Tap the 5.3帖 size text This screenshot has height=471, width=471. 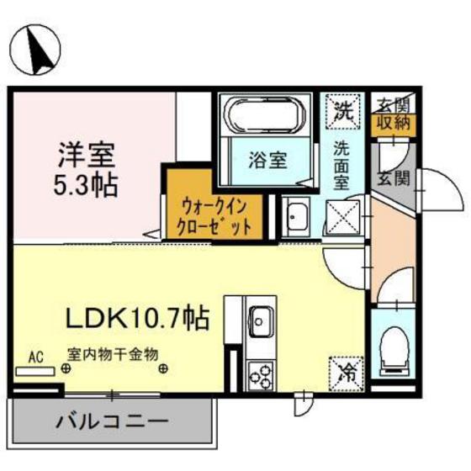[x=87, y=183]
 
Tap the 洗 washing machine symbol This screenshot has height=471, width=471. [x=343, y=109]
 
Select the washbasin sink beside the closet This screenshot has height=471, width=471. [x=295, y=218]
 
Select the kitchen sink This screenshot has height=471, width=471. [x=261, y=320]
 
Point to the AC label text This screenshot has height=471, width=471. [x=35, y=355]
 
